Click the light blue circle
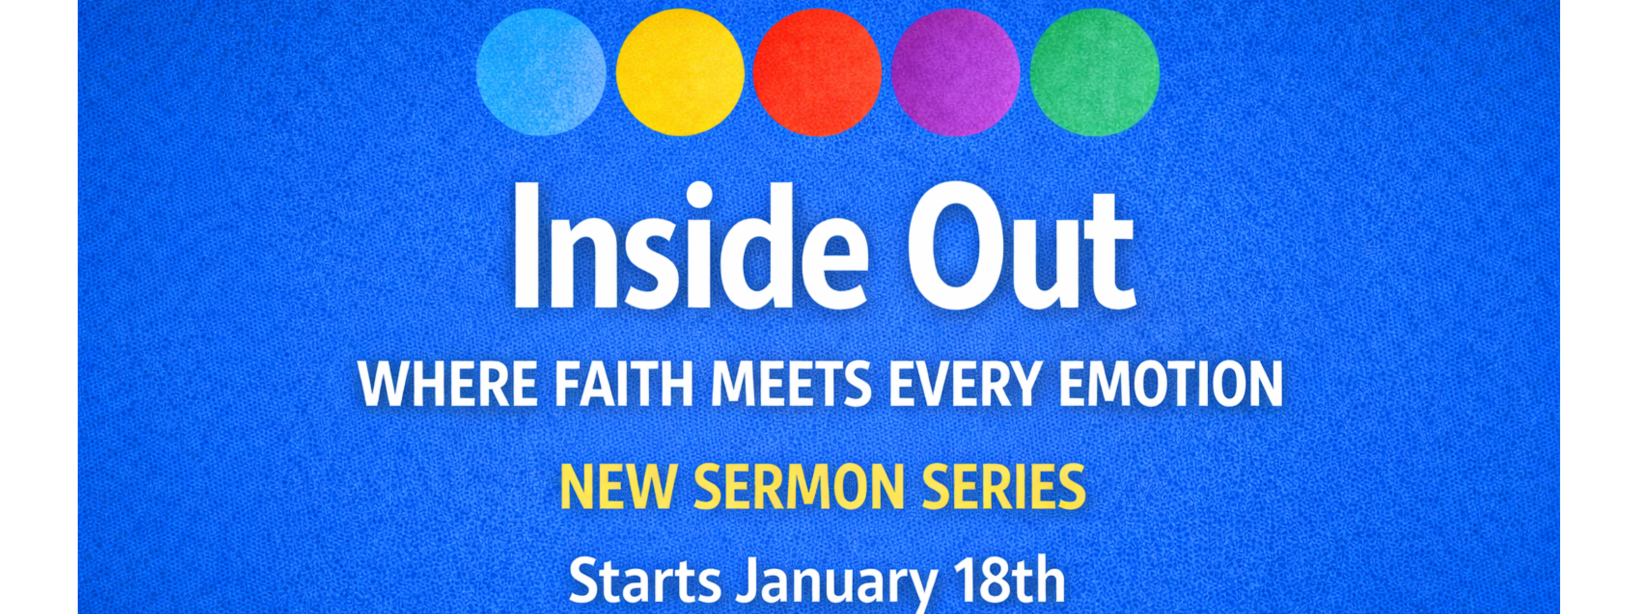[541, 72]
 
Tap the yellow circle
[680, 72]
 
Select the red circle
[817, 72]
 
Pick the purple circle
[955, 72]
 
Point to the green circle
[1094, 72]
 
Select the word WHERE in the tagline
[447, 384]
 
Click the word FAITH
[623, 384]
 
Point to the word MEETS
[791, 384]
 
